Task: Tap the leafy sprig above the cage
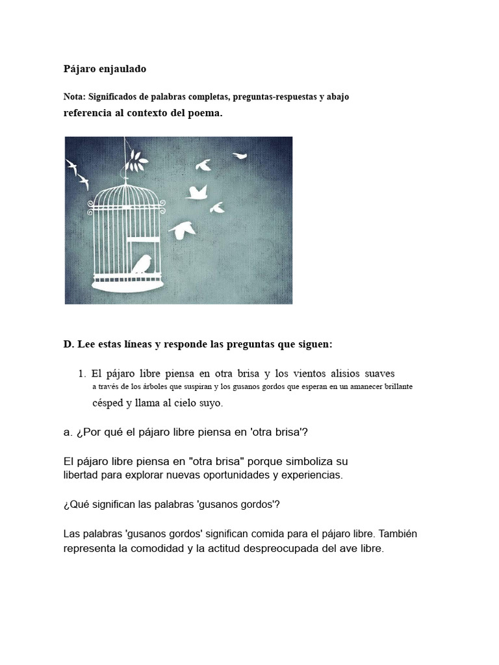coord(137,158)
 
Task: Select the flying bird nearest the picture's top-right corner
coord(240,155)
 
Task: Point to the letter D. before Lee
coord(68,344)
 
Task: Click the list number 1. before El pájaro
coord(83,373)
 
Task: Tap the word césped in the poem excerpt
coord(107,403)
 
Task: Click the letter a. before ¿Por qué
coord(68,433)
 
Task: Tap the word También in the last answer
coord(401,534)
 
